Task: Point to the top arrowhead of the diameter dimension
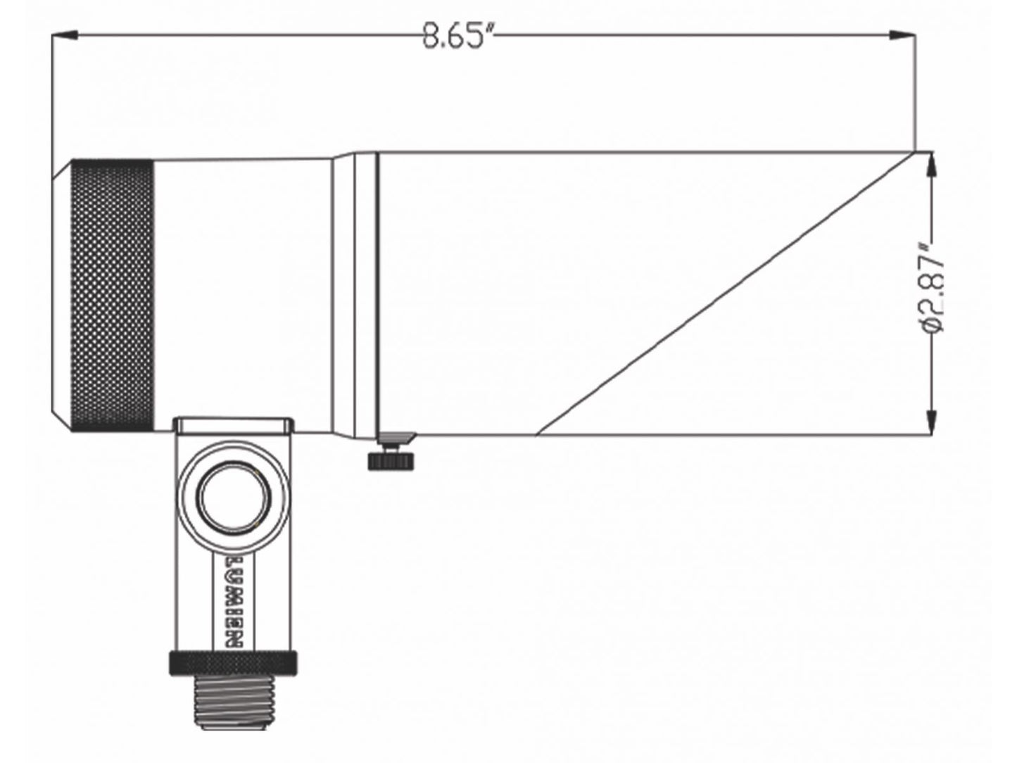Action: (x=933, y=162)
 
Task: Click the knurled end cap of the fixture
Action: (x=113, y=296)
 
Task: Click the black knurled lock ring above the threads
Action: (x=232, y=661)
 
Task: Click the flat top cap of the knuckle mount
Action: (x=233, y=424)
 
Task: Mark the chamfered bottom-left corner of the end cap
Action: (x=62, y=421)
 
